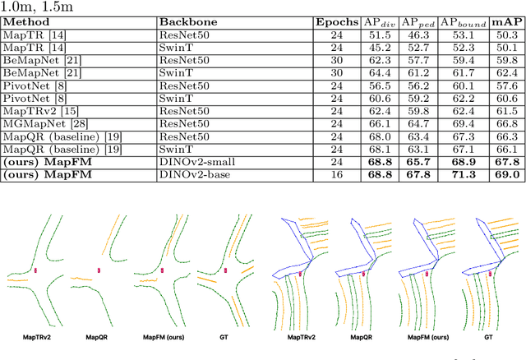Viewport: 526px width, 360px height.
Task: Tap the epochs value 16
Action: tap(337, 174)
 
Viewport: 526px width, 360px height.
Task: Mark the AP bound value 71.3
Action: tap(464, 174)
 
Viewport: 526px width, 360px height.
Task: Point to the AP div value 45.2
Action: tap(379, 47)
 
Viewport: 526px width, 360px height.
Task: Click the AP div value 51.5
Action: tap(379, 35)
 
